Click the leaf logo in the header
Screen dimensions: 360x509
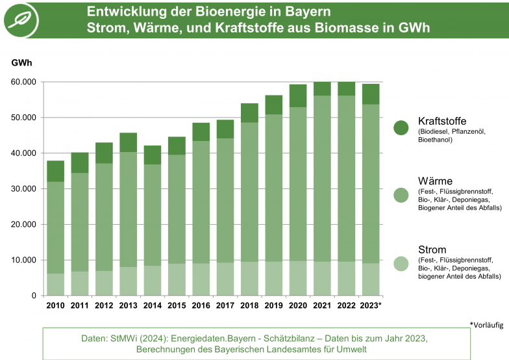point(21,19)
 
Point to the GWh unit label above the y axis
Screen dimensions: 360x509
point(21,63)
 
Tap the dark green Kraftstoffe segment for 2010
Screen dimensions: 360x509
point(55,171)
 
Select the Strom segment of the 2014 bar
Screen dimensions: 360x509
point(153,281)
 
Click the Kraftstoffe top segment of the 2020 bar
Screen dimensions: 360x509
point(298,96)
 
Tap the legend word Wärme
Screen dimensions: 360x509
point(435,180)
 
